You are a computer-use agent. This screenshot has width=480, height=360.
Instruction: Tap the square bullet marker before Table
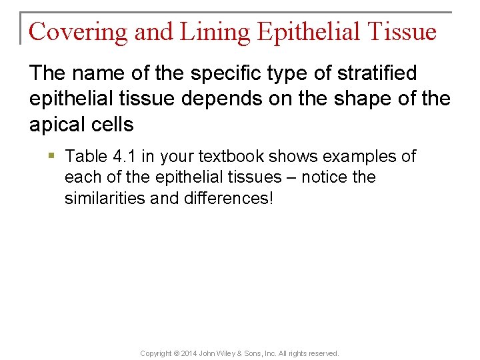(x=53, y=156)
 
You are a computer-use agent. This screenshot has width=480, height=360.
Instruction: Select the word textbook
(x=221, y=157)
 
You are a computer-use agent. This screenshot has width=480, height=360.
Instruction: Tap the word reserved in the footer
(x=323, y=353)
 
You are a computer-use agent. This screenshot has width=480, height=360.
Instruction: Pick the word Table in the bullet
(x=85, y=157)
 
